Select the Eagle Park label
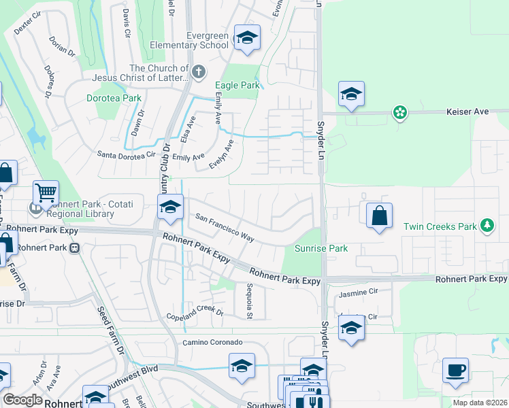[x=237, y=86]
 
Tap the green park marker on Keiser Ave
[x=400, y=112]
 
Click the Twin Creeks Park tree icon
[x=486, y=225]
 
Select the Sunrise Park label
[x=321, y=249]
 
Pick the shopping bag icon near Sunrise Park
[x=380, y=216]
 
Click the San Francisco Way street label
[x=225, y=228]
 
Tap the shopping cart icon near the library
[x=46, y=193]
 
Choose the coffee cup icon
[x=455, y=371]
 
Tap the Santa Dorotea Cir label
[x=127, y=156]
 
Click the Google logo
[x=22, y=400]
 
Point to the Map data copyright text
[x=480, y=403]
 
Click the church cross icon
[x=199, y=71]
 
